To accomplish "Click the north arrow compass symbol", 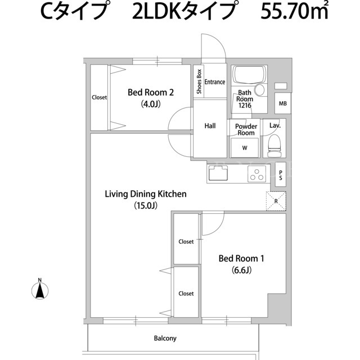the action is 40,291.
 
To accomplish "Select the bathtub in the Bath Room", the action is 249,74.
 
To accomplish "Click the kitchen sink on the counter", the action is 218,173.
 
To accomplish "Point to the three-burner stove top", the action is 256,174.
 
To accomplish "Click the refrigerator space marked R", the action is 276,201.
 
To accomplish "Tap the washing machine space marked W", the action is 245,147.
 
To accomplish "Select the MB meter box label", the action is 282,103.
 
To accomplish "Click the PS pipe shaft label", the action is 281,175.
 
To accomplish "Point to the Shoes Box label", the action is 199,82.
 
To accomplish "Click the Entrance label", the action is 215,82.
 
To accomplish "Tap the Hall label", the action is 210,126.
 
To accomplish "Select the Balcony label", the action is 165,339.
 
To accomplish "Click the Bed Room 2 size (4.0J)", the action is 151,104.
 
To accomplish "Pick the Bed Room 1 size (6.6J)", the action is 241,270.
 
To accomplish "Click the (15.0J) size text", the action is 146,205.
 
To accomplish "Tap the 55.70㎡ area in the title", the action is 294,11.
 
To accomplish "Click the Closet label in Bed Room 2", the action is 99,97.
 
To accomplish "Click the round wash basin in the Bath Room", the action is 259,90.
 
